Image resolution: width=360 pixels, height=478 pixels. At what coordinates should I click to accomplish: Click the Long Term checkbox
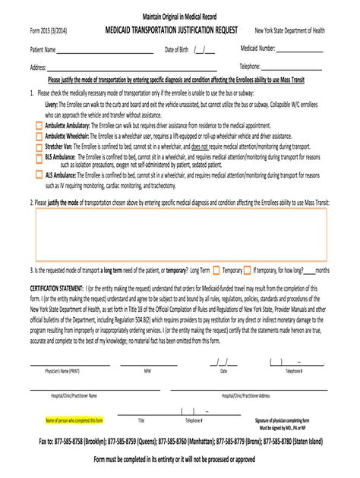coord(216,269)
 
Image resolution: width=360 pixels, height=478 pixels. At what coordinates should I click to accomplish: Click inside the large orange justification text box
coord(180,233)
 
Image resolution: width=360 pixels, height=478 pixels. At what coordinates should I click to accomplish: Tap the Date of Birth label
coord(178,51)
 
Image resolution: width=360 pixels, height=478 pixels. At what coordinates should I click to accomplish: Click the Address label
coord(38,67)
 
